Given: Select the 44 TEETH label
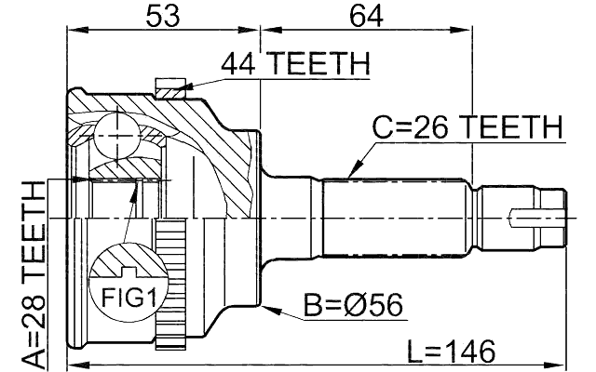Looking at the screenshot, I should point(295,64).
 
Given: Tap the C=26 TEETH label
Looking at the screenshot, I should point(467,127).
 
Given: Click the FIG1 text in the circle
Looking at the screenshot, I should point(123,299).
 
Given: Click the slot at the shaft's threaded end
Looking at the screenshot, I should point(530,219).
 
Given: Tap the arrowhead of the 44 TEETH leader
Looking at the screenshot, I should point(185,89).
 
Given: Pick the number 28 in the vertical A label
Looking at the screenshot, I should point(34,306).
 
